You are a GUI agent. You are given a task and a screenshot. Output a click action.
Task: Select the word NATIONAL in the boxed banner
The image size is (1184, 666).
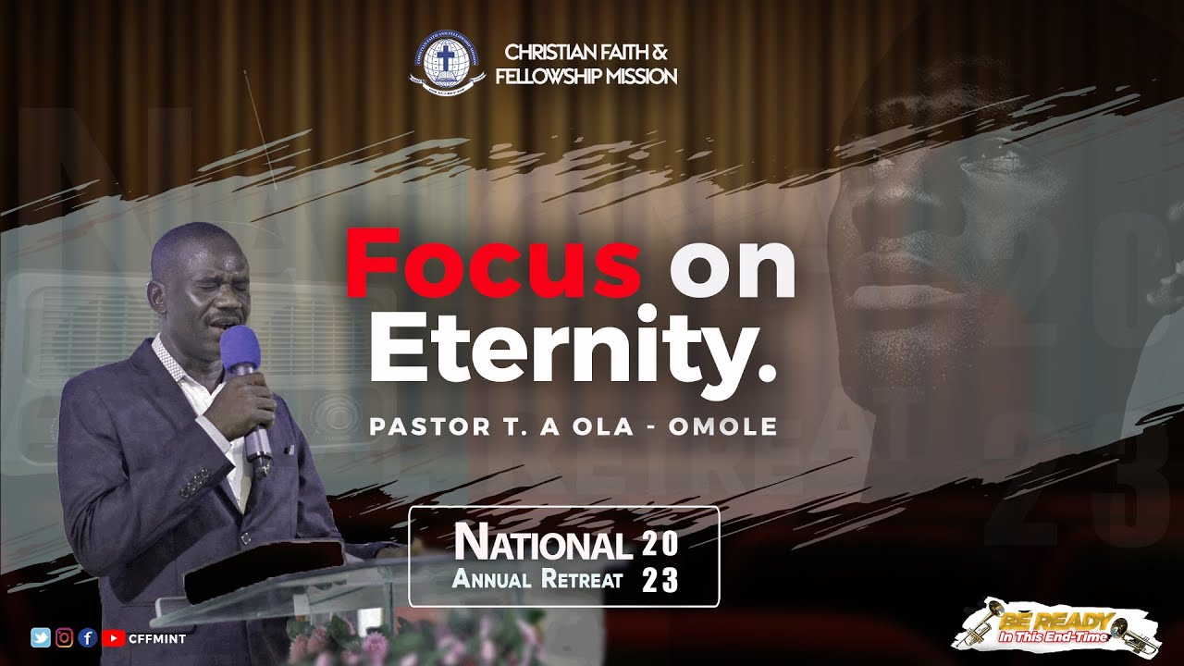coord(543,545)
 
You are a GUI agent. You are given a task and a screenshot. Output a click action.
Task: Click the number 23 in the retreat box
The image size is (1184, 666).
coord(660,581)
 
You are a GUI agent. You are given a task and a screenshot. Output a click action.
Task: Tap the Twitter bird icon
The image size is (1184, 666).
coord(41,636)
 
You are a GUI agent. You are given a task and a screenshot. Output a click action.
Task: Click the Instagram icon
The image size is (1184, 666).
coord(65,636)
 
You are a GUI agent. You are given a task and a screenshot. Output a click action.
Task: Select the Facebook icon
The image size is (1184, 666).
coord(88,636)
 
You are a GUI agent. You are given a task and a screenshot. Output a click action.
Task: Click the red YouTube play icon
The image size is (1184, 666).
coord(113,636)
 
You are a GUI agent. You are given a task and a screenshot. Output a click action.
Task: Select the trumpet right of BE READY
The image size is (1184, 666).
coord(1129,629)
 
